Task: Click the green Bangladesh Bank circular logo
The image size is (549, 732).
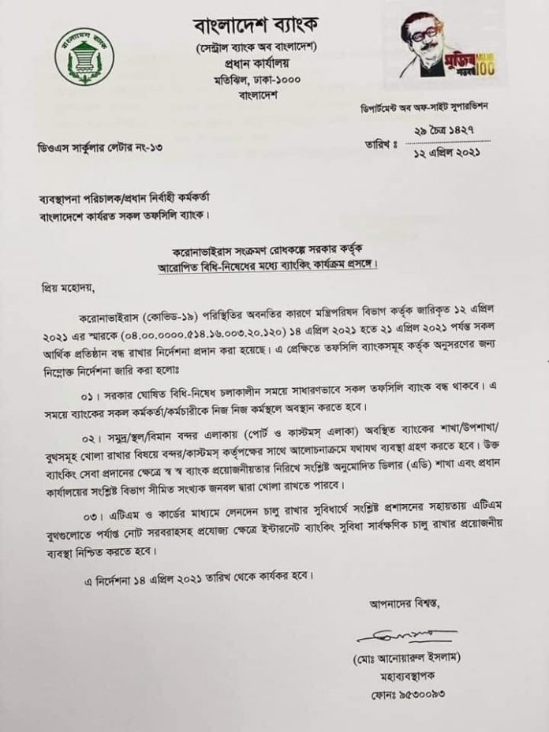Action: coord(84,57)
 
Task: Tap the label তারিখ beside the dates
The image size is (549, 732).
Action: coord(378,144)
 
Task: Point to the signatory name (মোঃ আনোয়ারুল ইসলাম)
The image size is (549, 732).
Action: coord(406,656)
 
